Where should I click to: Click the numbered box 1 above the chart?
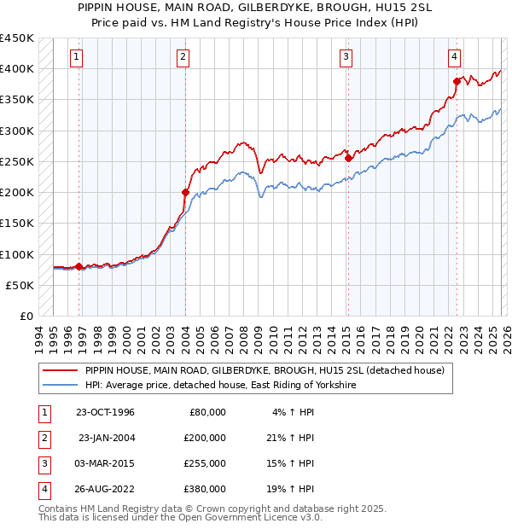click(77, 57)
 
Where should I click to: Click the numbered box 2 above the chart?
click(183, 57)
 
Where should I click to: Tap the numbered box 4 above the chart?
click(455, 57)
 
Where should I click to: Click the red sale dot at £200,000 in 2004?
click(185, 192)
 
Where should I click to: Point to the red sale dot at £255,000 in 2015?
click(348, 158)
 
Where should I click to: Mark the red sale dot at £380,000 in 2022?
click(457, 81)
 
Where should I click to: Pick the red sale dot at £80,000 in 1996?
click(79, 266)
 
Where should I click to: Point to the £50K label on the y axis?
click(20, 285)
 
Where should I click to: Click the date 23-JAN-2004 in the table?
click(107, 437)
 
